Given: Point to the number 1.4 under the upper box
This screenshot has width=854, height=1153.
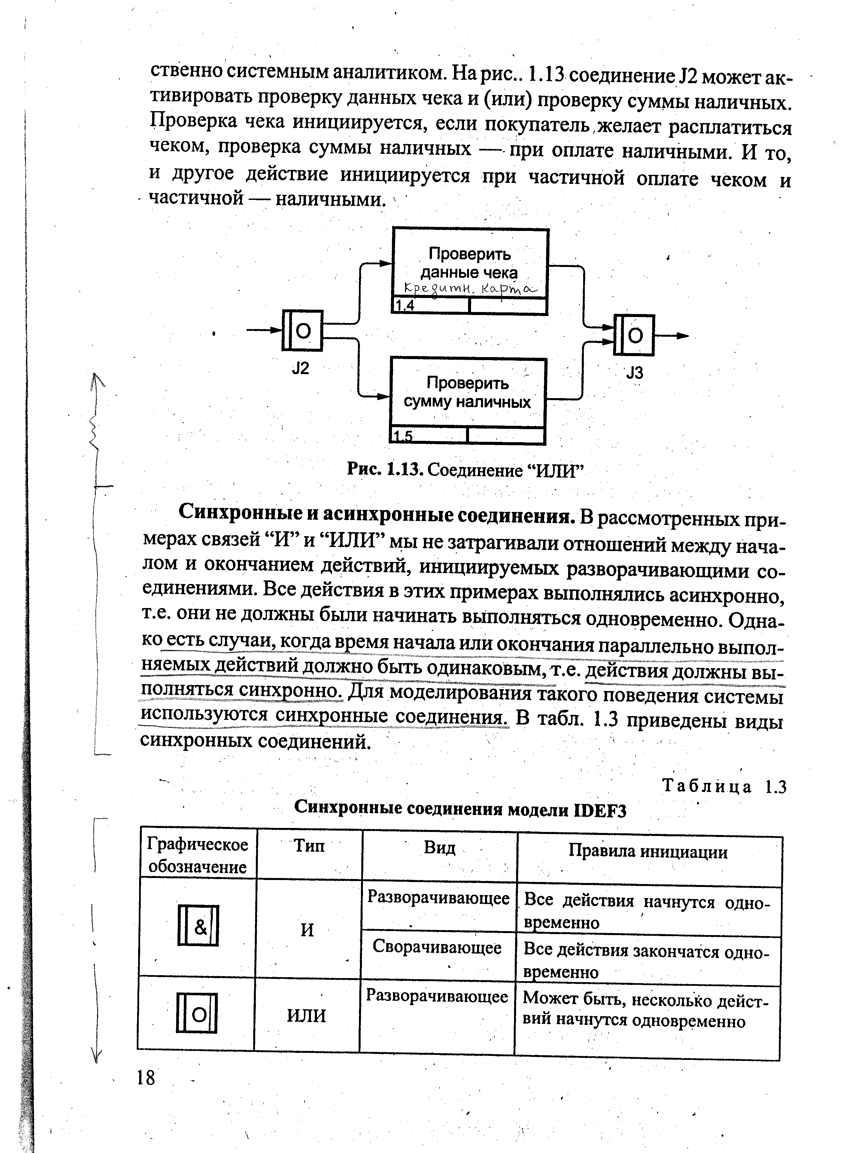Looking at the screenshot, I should [405, 306].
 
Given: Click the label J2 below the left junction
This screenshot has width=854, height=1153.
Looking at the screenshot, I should [300, 368].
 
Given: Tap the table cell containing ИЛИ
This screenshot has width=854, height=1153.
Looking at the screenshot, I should [307, 1015].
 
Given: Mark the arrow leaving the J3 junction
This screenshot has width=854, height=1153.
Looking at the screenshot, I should [672, 336].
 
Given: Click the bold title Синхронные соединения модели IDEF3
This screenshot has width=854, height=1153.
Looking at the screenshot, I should [460, 809].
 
